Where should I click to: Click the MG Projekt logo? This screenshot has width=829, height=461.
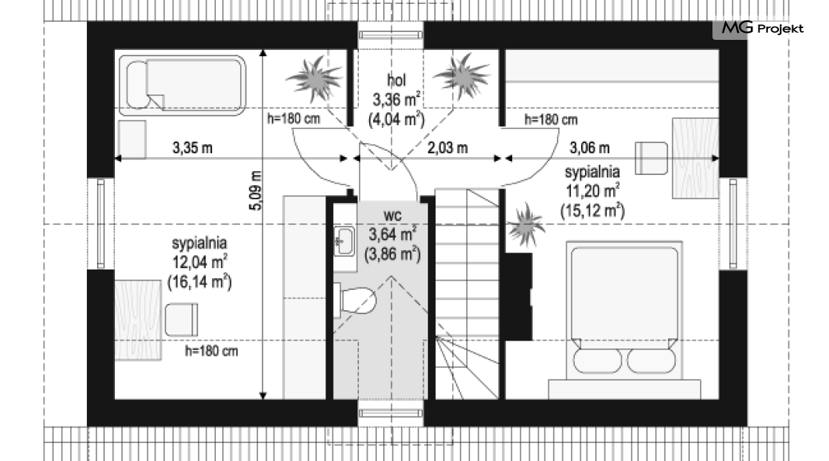762,28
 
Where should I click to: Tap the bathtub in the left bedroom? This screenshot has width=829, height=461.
182,85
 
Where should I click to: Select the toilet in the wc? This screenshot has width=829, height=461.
355,301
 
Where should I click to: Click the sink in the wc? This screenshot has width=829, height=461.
344,241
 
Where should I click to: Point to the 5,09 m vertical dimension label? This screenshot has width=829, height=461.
256,191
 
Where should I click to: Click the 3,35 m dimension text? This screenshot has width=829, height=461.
192,148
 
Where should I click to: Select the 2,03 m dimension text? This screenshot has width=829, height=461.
447,148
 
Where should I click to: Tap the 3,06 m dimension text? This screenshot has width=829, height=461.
590,148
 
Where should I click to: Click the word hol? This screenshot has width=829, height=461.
397,80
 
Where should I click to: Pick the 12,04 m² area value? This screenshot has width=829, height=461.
199,262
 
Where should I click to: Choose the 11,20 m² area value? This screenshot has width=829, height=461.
592,191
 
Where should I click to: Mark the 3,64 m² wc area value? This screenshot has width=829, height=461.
393,234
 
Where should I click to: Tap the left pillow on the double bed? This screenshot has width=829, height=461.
598,361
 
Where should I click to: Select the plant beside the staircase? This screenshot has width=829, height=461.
526,225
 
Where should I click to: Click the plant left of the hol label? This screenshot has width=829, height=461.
315,79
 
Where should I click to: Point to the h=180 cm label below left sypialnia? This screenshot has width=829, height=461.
211,351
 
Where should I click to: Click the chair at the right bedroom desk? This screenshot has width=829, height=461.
651,158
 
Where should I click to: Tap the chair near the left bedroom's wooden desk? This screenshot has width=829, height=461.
181,320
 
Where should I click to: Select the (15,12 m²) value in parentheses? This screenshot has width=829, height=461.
593,211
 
